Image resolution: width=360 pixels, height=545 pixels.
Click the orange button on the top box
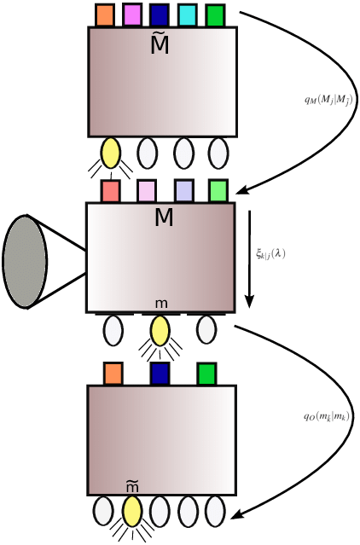pos(104,15)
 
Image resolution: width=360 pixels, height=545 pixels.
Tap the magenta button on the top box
pos(132,15)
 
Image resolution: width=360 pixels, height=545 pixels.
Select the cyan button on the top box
pos(188,15)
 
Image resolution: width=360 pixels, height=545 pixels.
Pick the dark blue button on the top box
pos(159,15)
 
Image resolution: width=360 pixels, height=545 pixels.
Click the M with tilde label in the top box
pos(160,43)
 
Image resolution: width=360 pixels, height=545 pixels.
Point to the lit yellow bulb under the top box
pos(110,153)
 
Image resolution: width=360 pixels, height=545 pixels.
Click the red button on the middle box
pos(110,191)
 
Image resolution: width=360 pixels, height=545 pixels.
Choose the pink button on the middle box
pos(147,191)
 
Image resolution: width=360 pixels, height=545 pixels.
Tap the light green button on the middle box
pos(218,191)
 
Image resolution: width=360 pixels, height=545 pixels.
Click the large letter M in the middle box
pos(164,218)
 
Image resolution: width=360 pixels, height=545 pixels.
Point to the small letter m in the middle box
pos(161,304)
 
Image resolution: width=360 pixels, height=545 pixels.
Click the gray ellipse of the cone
pos(25,261)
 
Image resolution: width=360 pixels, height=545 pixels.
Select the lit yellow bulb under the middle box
pos(160,331)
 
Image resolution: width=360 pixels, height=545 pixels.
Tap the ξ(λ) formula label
pos(270,253)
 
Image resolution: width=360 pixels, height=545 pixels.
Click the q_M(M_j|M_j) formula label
pos(328,100)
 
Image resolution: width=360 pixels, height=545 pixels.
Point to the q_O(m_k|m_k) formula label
pos(327,417)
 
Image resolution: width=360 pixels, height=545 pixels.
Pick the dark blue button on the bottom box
pos(160,374)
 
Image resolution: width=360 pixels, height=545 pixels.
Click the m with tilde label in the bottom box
pos(132,486)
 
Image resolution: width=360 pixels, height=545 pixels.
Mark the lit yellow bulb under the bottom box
pos(132,512)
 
